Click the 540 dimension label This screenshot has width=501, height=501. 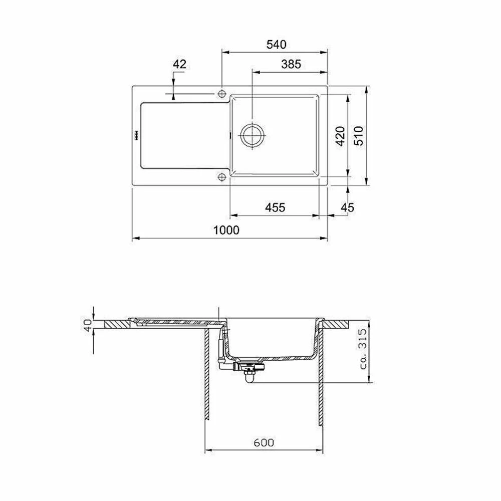point(277,45)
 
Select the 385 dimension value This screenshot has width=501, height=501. point(291,64)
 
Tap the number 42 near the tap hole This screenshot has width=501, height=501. point(179,64)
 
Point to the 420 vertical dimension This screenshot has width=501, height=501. point(341,136)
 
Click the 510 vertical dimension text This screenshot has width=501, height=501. point(359,136)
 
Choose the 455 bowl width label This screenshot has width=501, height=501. point(275,208)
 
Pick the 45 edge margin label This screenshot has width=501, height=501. point(347,208)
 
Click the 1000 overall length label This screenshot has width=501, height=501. point(226,230)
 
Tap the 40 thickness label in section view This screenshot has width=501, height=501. point(88,325)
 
